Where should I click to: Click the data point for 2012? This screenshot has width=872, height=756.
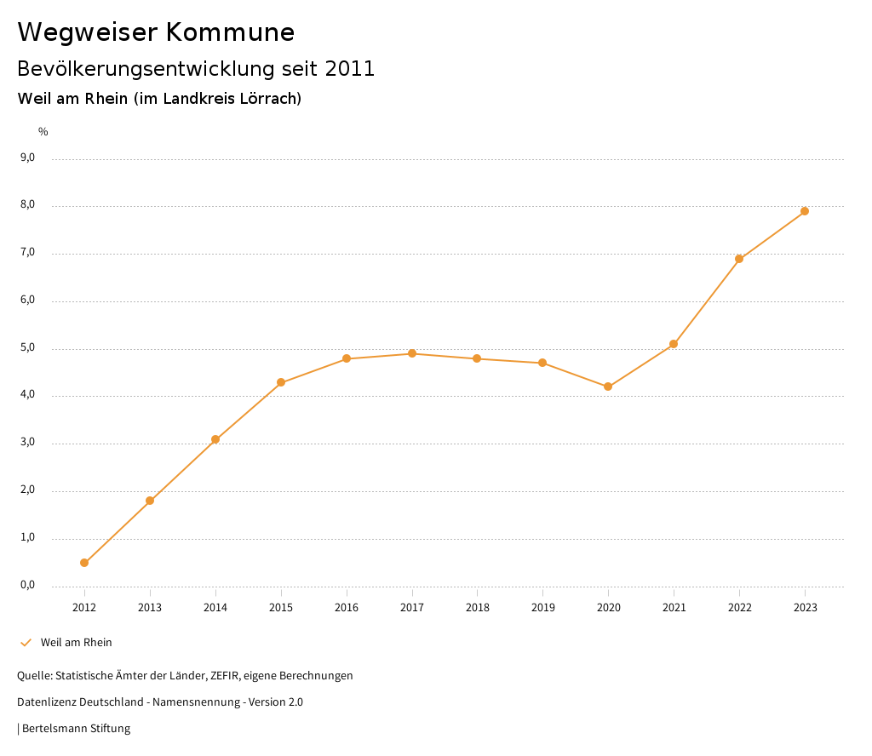click(x=84, y=563)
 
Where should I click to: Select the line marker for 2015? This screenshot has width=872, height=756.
click(x=281, y=382)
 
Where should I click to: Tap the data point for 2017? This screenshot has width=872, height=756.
click(x=412, y=353)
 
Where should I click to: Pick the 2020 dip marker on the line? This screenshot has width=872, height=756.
click(x=608, y=387)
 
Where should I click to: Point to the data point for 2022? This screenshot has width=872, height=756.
click(x=739, y=259)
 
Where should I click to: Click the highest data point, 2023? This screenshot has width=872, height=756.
click(x=805, y=211)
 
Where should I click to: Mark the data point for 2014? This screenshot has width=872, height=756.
click(x=215, y=439)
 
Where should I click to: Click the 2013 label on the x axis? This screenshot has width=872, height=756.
click(x=150, y=607)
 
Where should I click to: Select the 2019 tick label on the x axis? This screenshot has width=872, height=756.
click(x=542, y=607)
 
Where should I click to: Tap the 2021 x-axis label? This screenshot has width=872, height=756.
click(x=674, y=607)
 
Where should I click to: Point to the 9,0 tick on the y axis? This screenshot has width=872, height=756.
click(x=27, y=157)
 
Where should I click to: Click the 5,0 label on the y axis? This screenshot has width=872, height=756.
click(x=27, y=347)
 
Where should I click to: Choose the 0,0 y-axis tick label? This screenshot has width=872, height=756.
click(x=27, y=585)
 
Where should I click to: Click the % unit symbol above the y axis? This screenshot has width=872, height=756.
click(x=43, y=131)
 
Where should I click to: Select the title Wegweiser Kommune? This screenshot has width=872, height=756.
click(x=156, y=31)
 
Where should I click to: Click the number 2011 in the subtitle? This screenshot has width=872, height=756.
click(x=350, y=68)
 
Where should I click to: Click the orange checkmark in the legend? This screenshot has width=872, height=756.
click(x=26, y=643)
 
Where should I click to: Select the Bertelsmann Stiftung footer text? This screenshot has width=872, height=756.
click(x=76, y=728)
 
